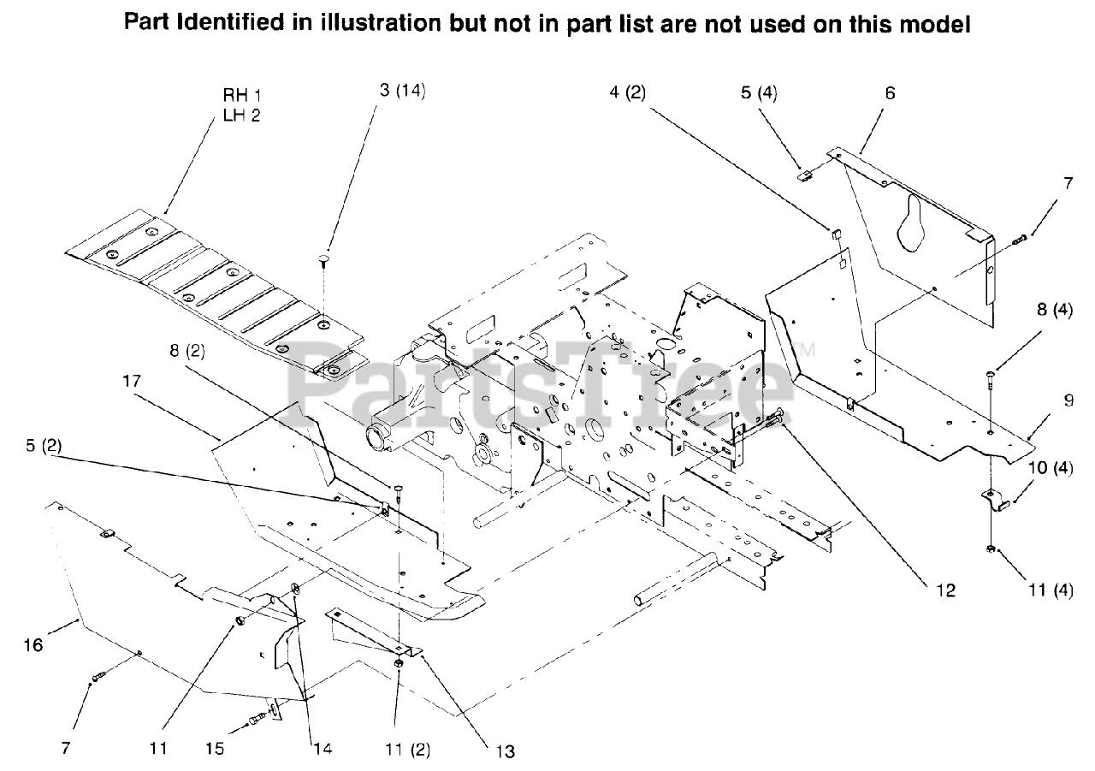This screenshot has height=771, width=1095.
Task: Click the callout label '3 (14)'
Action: [402, 91]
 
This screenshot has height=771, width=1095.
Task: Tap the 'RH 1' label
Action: [241, 94]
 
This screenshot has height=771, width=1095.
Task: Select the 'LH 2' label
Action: [241, 116]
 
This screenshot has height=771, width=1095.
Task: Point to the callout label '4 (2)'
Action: [628, 92]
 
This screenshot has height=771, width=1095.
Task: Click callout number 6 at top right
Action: [890, 93]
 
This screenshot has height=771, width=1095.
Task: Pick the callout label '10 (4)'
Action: [1051, 468]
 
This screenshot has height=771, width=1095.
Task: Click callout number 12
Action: [946, 590]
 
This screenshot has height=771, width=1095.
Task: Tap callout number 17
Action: [132, 381]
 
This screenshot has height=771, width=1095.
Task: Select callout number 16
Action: [33, 645]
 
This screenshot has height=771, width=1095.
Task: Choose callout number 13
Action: [505, 751]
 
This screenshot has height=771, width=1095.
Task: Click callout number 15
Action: [215, 749]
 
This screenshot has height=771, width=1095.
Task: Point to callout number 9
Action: [1068, 400]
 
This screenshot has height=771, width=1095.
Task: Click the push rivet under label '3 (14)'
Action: [324, 259]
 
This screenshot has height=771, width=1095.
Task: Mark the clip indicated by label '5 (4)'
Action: [803, 175]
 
